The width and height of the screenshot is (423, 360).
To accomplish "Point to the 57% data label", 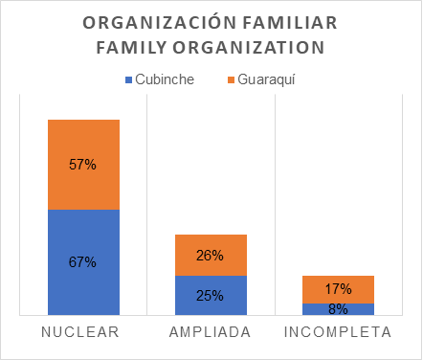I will click(83, 165).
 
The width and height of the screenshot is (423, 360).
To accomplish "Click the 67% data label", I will click(83, 261).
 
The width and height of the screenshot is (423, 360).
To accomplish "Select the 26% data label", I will click(211, 256).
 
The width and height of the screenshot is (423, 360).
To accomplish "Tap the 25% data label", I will click(211, 296).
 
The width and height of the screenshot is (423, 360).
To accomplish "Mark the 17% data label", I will click(338, 289).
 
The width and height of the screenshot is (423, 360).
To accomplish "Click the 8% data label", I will click(338, 309).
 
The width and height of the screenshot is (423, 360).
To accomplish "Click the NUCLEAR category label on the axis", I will click(83, 333).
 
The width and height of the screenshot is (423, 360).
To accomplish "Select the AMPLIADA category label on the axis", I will click(211, 333).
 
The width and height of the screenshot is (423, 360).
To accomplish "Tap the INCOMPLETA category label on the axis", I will click(338, 333).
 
